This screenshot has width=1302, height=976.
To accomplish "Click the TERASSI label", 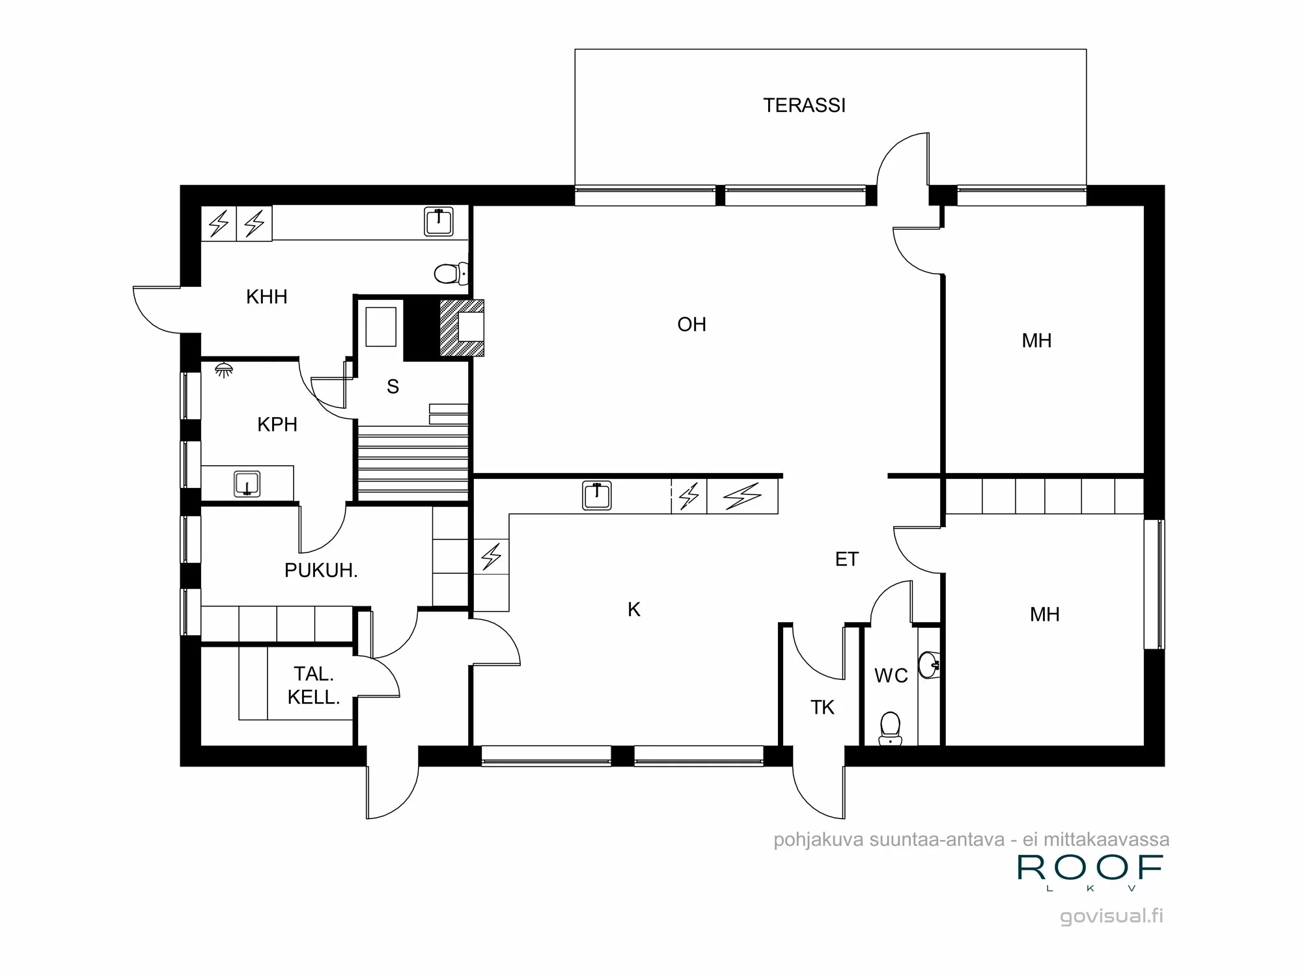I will [804, 105].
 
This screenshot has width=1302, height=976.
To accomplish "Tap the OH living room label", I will [691, 324].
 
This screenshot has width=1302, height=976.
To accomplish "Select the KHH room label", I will [266, 297].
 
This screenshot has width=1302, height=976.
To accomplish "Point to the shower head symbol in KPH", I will [224, 370].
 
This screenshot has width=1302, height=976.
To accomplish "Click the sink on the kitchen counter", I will [596, 495].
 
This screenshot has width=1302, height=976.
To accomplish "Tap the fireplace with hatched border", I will [463, 328].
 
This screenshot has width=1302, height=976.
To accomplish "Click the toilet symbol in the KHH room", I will [450, 273].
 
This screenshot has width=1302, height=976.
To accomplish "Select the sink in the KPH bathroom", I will [247, 484].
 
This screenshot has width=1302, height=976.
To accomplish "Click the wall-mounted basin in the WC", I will [930, 664].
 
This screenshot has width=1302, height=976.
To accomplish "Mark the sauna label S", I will [393, 386].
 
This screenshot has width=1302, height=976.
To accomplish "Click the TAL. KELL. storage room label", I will [313, 686].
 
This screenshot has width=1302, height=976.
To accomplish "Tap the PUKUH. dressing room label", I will [321, 571].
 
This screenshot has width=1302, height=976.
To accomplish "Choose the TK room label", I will [822, 707].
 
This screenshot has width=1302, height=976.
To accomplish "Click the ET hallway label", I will [846, 559].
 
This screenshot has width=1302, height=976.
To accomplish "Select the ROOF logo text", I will [1090, 868].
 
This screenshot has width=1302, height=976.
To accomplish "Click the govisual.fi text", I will [1111, 916].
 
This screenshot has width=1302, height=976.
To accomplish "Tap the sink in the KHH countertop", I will [439, 221].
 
